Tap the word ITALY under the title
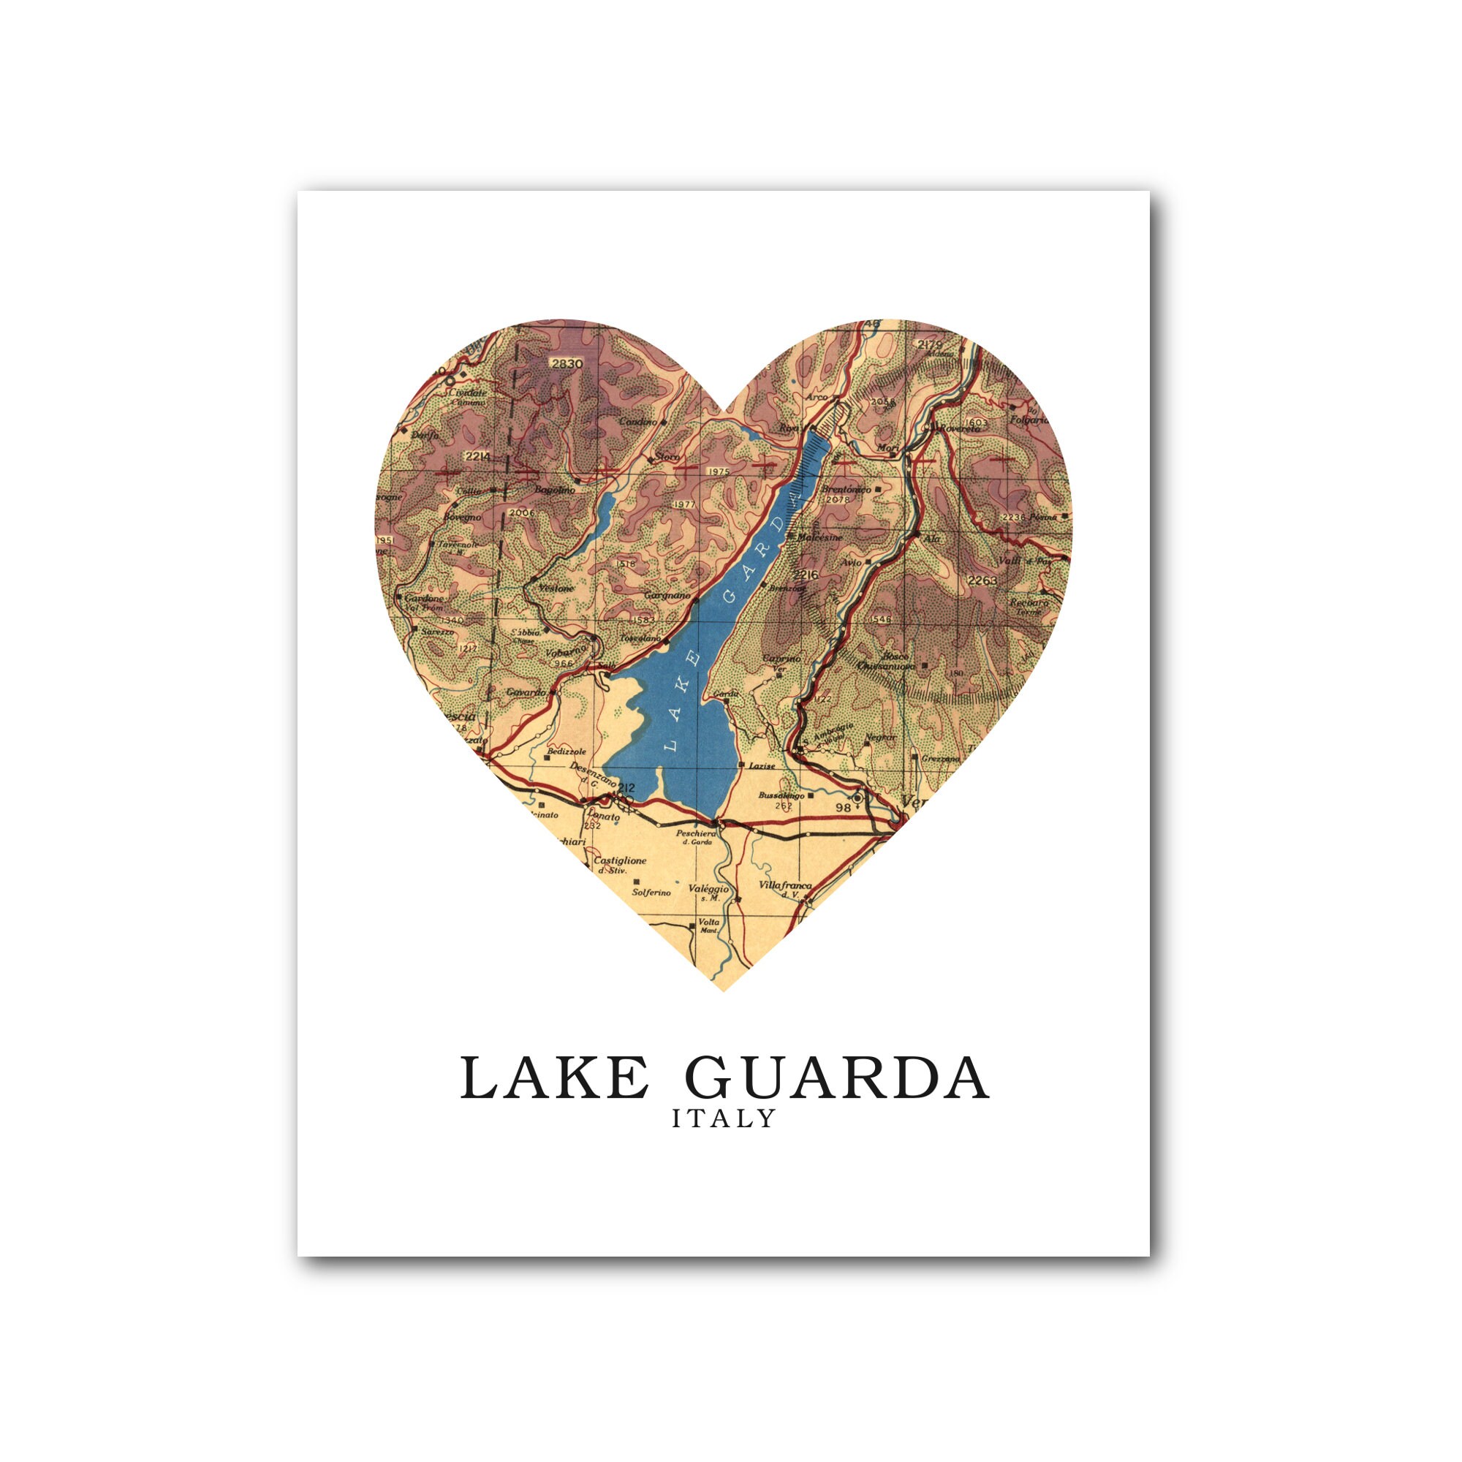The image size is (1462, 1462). pyautogui.click(x=724, y=1118)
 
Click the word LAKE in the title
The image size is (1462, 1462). pyautogui.click(x=555, y=1077)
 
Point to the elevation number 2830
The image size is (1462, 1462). pyautogui.click(x=567, y=364)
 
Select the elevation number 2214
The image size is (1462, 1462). pyautogui.click(x=478, y=456)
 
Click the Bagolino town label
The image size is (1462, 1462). pyautogui.click(x=555, y=491)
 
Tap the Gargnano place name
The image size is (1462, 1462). pyautogui.click(x=667, y=596)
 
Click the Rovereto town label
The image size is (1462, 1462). pyautogui.click(x=960, y=429)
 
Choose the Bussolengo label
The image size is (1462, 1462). pyautogui.click(x=779, y=795)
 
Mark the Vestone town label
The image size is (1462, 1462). pyautogui.click(x=554, y=588)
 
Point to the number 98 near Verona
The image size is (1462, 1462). pyautogui.click(x=844, y=807)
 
